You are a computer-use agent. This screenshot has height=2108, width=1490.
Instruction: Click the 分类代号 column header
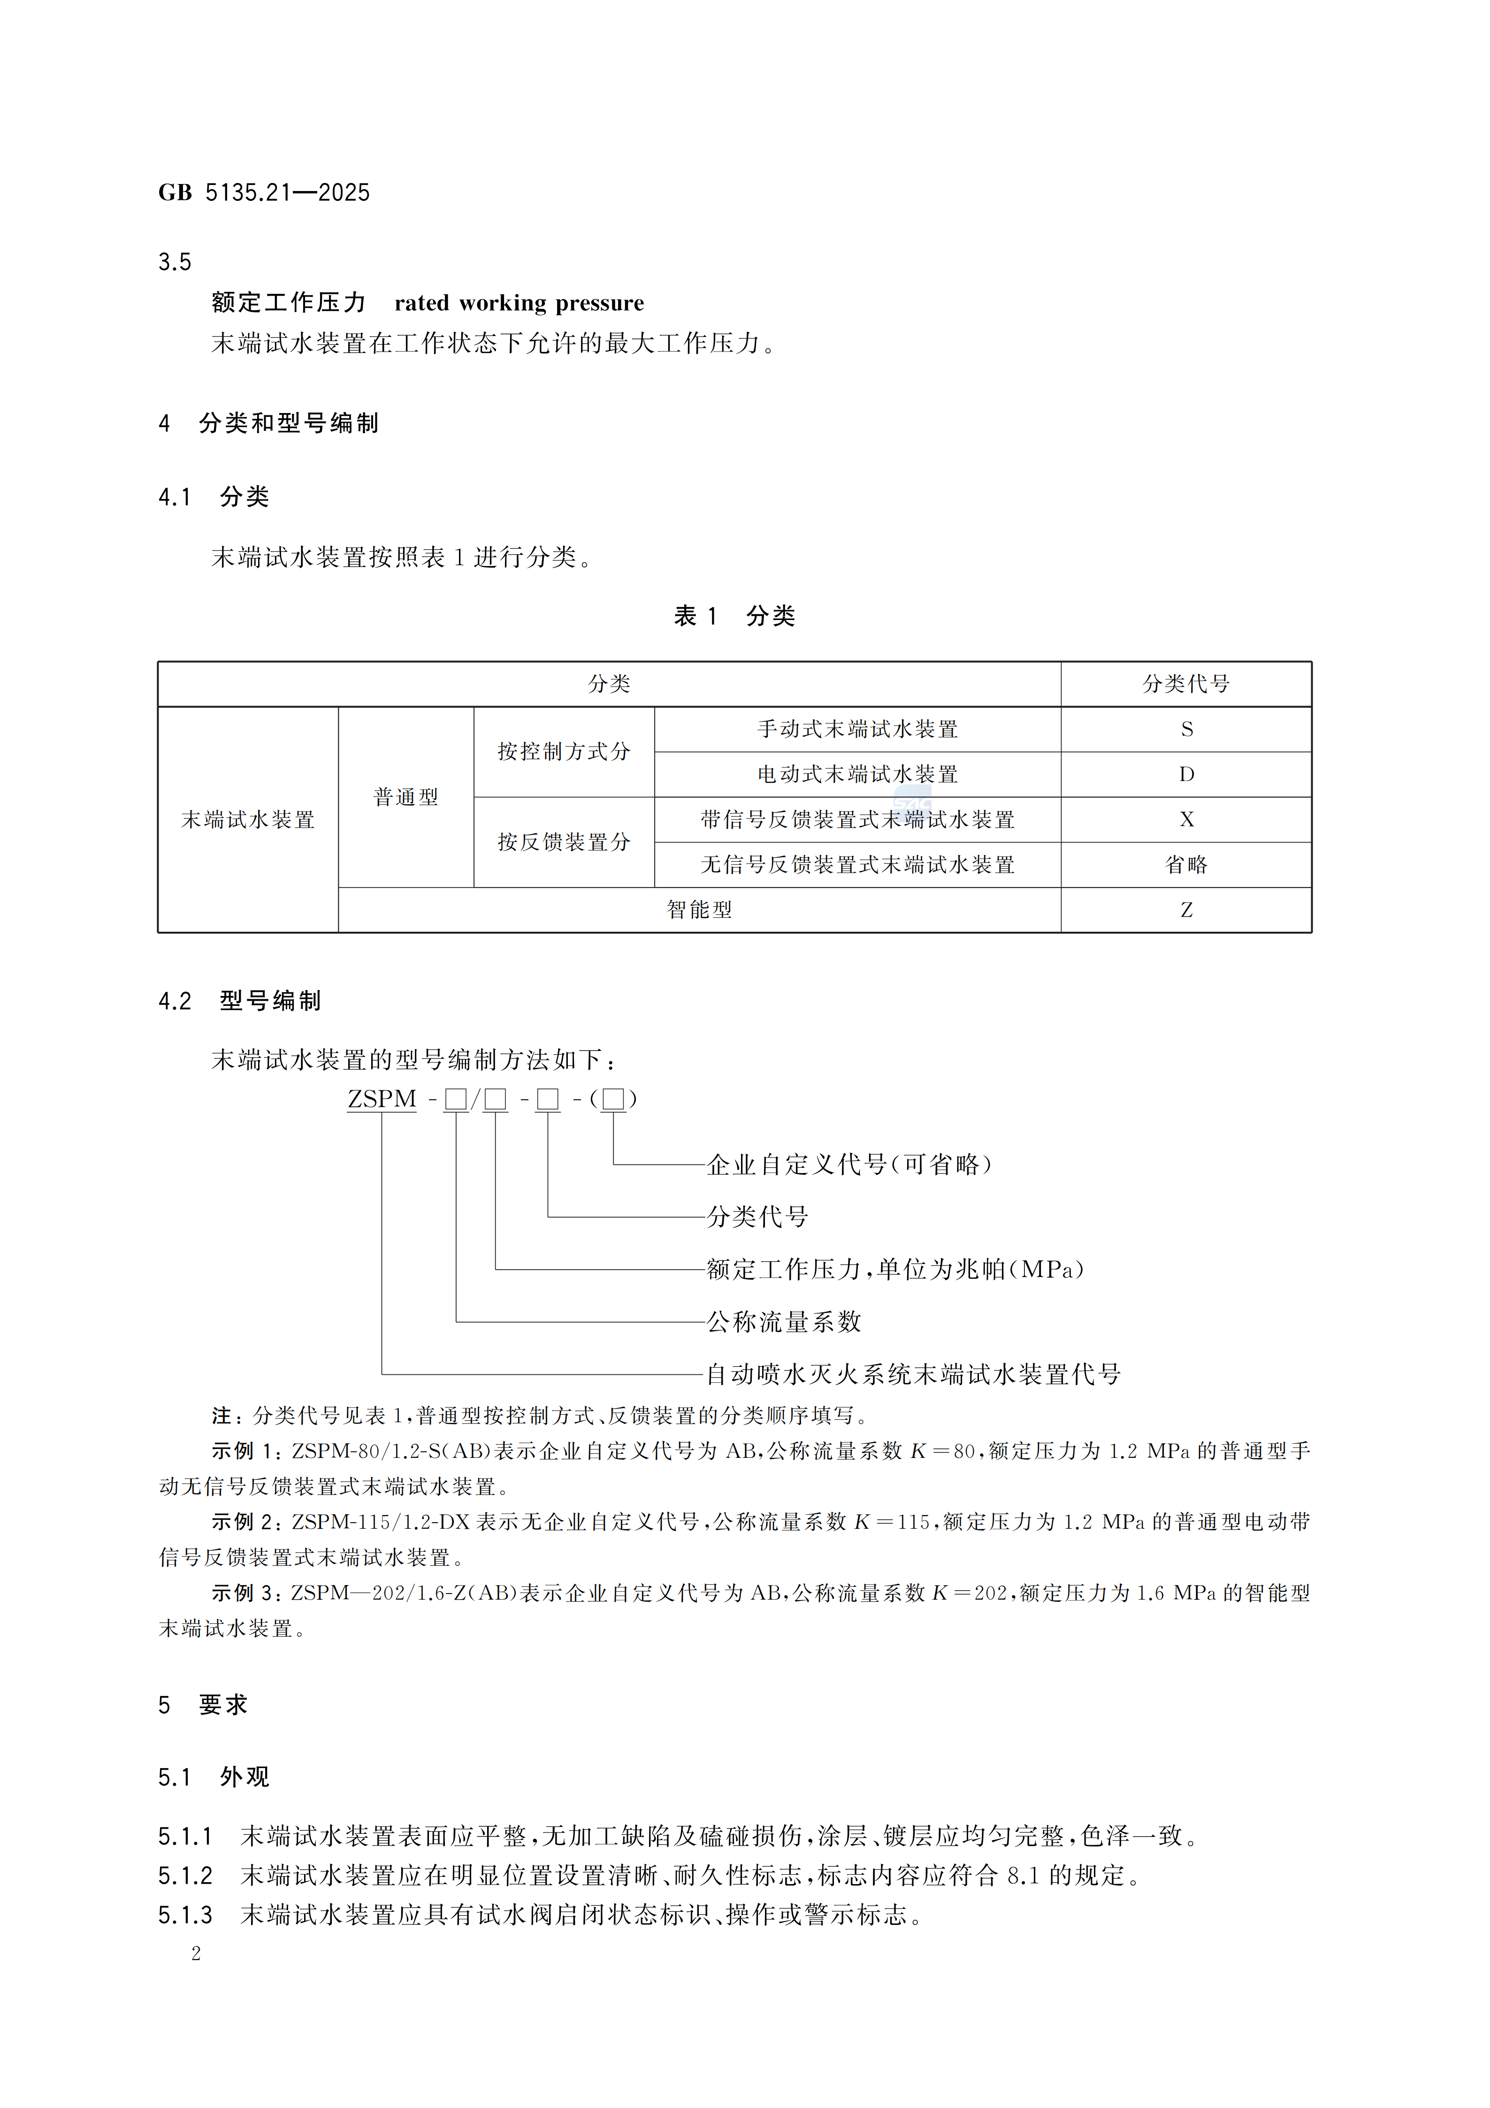(x=1185, y=684)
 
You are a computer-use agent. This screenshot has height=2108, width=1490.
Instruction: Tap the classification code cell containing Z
(x=1186, y=910)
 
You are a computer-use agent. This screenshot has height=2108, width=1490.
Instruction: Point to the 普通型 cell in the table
(x=406, y=797)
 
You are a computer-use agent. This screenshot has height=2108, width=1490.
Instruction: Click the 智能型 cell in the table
(x=700, y=910)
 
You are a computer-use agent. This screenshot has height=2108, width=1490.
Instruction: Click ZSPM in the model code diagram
(x=382, y=1099)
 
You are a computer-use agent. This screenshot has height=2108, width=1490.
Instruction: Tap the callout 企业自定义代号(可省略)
(x=849, y=1165)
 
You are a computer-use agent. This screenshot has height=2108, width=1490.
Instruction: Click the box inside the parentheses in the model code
(x=613, y=1099)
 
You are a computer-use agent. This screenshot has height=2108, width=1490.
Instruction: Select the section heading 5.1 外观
(x=214, y=1777)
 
